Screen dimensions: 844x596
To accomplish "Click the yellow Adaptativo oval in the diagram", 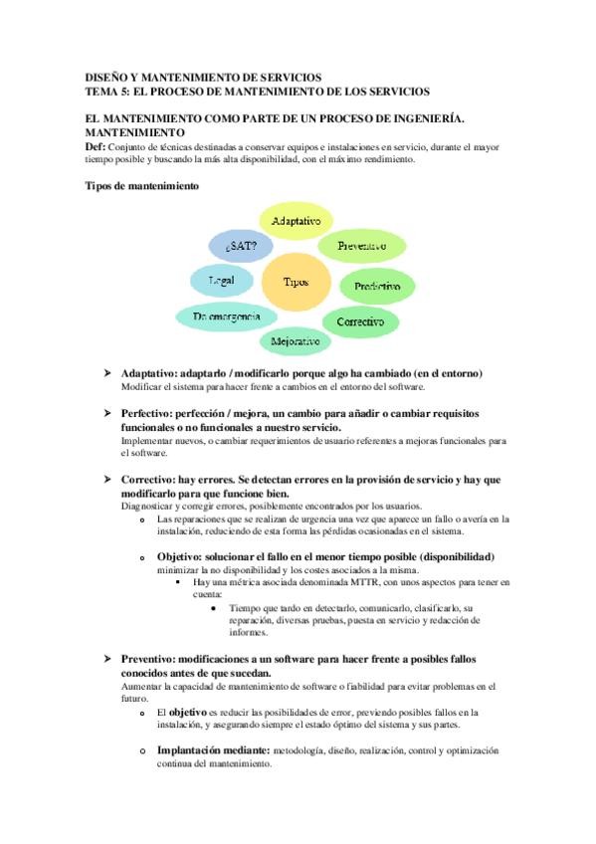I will (x=295, y=221).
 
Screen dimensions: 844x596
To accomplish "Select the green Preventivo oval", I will (x=362, y=245).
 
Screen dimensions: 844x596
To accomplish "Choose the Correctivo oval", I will (x=360, y=322).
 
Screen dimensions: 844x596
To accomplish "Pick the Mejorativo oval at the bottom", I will (x=296, y=342).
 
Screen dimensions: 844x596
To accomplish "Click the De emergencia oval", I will (x=220, y=316).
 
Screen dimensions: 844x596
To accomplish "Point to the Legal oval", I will (x=222, y=282).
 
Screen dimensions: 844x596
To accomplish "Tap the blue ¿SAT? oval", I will (x=241, y=245).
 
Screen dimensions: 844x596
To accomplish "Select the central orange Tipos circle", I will (x=296, y=283).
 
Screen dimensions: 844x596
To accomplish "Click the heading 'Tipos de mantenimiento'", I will (x=141, y=186).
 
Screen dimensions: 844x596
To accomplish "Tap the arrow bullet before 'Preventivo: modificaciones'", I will (x=107, y=660).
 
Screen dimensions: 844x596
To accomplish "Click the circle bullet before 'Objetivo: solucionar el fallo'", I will (x=143, y=557).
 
